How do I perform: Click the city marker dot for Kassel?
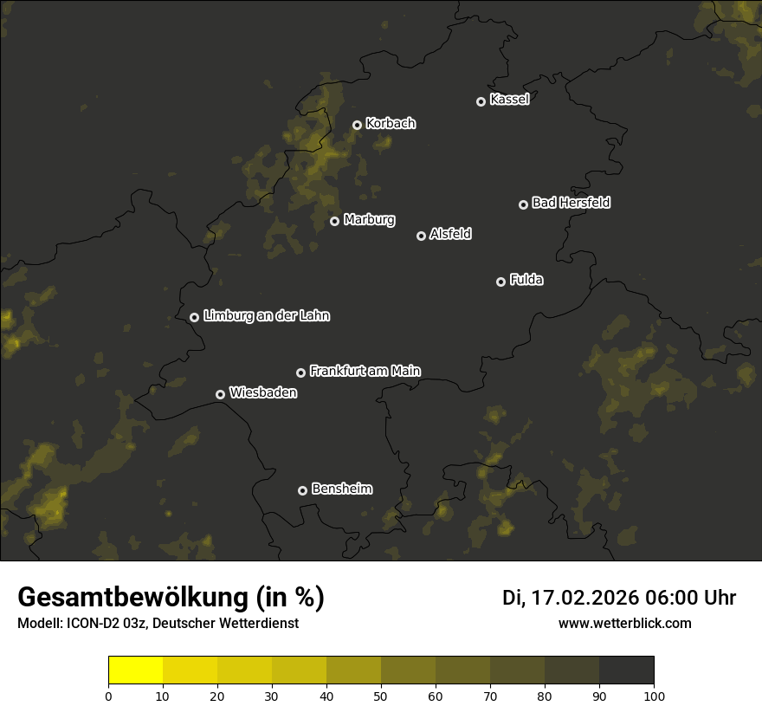point(481,101)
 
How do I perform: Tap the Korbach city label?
point(391,123)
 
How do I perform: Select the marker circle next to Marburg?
point(334,221)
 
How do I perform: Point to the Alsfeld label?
point(450,234)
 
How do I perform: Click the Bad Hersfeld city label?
point(571,203)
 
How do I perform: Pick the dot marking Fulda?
point(500,282)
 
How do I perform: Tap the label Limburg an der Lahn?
point(266,315)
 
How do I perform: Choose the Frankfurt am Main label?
point(365,371)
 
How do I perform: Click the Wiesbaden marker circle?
point(220,394)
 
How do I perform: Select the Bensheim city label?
point(341,489)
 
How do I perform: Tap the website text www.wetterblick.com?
point(624,623)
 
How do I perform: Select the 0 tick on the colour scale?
point(108,695)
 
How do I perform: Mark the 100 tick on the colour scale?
point(654,695)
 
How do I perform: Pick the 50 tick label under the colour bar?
point(381,695)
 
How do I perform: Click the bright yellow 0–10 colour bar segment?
point(136,670)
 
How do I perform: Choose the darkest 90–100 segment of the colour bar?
point(626,670)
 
